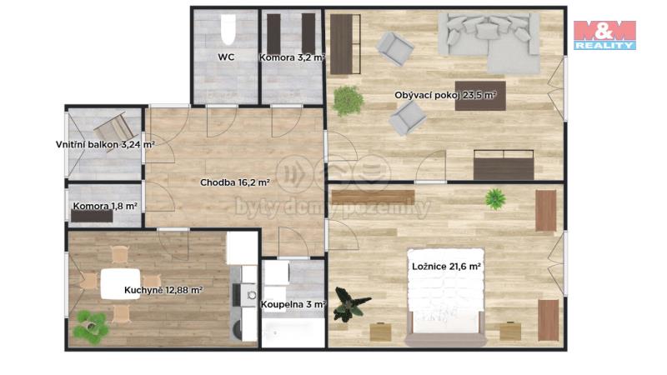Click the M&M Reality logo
pos(604,35)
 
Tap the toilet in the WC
pos(228,29)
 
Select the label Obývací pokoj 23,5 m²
pos(445,95)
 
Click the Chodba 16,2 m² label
pos(235,182)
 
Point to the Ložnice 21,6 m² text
pos(446,267)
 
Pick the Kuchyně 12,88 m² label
pos(163,290)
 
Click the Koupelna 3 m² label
pos(293,304)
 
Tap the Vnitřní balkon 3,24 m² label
pos(105,144)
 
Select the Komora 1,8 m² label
pos(105,206)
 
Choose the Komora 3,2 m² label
pos(293,57)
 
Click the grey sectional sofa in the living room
pos(489,40)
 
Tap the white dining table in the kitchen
pos(120,284)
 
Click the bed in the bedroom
pos(446,297)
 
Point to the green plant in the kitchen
pos(91,326)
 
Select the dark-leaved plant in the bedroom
pos(350,303)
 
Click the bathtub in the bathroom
pos(293,332)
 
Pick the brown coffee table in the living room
pos(480,96)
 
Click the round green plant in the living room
pos(349,101)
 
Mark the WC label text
pos(226,57)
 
